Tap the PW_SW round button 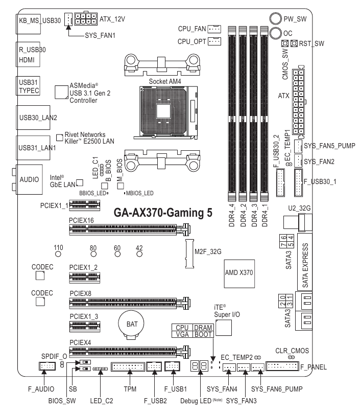point(276,19)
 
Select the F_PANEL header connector point(282,366)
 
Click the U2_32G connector point(295,222)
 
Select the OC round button point(276,33)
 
